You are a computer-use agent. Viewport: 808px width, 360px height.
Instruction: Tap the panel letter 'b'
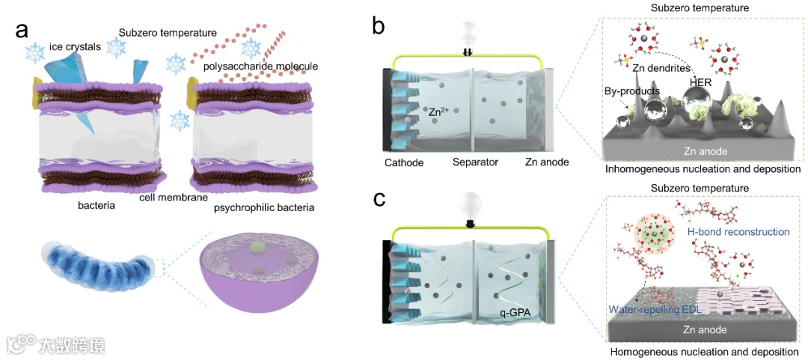pos(379,28)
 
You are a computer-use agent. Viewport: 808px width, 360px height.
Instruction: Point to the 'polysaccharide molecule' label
pos(260,67)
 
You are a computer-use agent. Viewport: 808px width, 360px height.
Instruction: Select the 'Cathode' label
pos(404,162)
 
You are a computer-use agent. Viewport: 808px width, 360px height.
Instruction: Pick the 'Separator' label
pos(475,162)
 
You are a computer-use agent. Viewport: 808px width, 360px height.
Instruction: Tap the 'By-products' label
pos(632,92)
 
